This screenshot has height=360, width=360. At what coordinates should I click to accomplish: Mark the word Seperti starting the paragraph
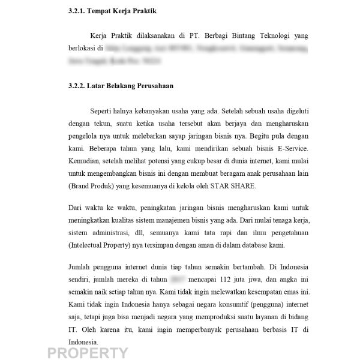click(102, 111)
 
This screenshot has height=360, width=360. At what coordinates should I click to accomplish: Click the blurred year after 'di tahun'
click(177, 279)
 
